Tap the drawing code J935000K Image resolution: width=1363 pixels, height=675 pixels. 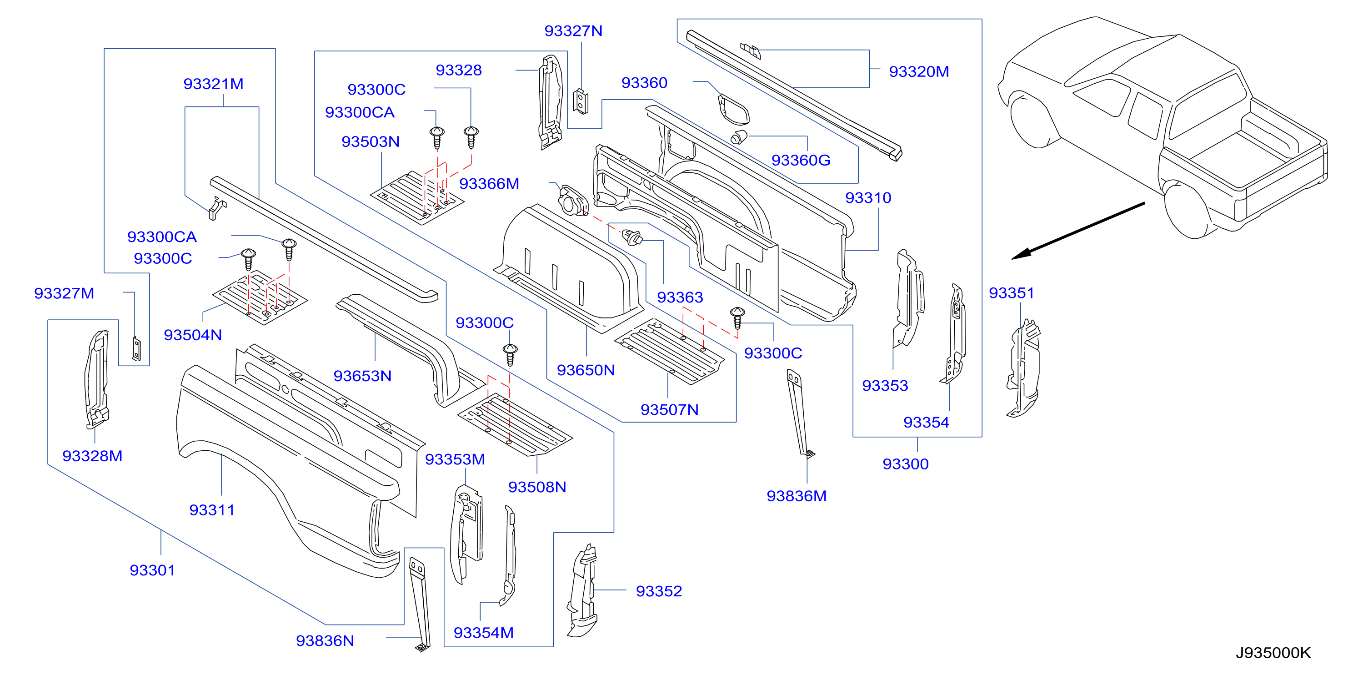(x=1273, y=653)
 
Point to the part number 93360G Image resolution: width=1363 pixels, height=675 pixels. (x=801, y=160)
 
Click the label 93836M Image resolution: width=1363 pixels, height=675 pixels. (x=797, y=496)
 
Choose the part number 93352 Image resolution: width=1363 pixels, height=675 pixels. (x=659, y=591)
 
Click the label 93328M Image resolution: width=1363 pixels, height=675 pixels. (x=92, y=456)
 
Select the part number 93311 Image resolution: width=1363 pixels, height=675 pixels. (x=212, y=510)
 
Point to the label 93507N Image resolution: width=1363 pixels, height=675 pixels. (x=669, y=409)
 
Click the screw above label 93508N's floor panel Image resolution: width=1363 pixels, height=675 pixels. (x=510, y=355)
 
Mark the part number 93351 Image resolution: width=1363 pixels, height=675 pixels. (x=1011, y=293)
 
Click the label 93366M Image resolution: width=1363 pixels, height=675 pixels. (x=489, y=184)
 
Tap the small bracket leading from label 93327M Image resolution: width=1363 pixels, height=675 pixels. (x=136, y=349)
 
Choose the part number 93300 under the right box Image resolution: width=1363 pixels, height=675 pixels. (x=905, y=464)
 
